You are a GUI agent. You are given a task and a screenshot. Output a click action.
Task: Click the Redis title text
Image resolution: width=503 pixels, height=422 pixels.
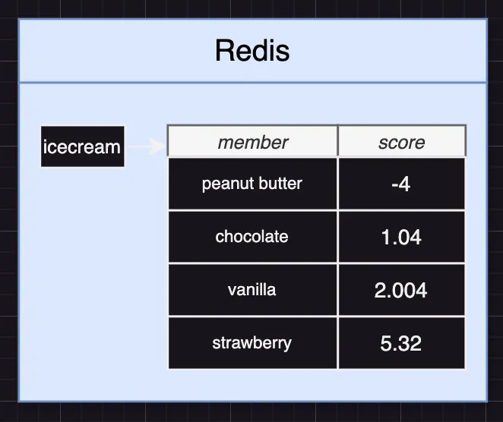(x=252, y=51)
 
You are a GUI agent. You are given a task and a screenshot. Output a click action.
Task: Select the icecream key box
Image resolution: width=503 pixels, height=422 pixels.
(x=82, y=146)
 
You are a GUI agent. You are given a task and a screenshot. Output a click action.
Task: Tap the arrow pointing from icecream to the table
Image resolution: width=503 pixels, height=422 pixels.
(x=145, y=146)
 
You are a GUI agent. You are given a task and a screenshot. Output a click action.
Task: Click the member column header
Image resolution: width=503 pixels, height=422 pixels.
(x=252, y=142)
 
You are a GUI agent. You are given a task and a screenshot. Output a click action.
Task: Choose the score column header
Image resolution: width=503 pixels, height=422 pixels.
(x=401, y=142)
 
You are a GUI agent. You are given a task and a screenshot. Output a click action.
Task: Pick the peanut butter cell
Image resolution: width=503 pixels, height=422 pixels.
(x=251, y=184)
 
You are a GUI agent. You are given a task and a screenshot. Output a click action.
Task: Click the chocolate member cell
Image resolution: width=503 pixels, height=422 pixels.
(x=251, y=236)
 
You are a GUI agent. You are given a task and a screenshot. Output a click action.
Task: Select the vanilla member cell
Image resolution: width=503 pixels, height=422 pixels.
(x=251, y=289)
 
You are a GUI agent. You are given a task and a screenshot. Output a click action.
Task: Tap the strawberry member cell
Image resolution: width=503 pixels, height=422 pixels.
(x=251, y=342)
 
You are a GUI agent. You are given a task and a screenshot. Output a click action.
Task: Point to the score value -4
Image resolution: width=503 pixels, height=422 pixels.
(x=400, y=184)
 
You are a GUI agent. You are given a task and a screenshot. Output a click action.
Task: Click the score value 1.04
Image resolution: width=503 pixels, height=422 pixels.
(x=400, y=237)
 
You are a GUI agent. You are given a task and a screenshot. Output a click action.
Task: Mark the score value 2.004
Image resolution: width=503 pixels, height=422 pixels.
(x=400, y=290)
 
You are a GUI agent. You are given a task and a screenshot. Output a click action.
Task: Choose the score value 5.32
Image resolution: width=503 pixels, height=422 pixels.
(x=400, y=343)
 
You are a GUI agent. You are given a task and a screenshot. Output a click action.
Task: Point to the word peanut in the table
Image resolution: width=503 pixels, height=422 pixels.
(x=224, y=184)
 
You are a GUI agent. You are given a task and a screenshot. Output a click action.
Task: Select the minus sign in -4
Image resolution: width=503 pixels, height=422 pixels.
(x=392, y=184)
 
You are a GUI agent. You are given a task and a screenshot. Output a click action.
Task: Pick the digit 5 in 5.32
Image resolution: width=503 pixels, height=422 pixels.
(x=385, y=343)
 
